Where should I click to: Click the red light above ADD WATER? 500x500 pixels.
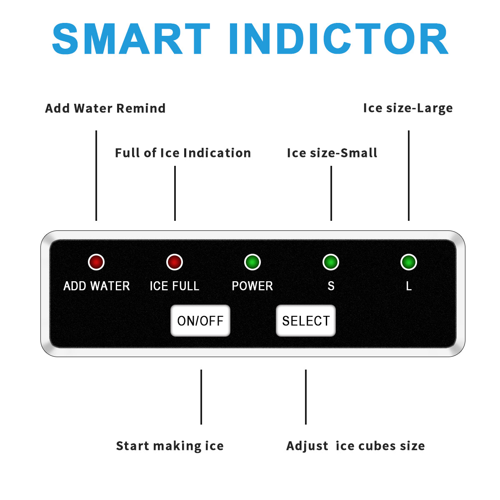point(96,262)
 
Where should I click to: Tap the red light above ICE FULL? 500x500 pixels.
point(175,262)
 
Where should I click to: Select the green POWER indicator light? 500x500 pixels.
point(252,262)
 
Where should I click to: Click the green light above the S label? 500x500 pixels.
point(331,262)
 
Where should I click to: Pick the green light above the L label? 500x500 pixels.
point(409,262)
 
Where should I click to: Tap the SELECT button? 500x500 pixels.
point(306,320)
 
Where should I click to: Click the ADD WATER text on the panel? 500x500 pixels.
point(97,286)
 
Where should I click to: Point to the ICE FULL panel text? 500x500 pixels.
point(175,286)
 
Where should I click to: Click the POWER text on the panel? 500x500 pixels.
point(252,286)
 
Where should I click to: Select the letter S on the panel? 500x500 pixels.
point(331,286)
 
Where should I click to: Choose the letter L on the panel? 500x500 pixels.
point(409,286)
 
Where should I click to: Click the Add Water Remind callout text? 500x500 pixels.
point(105,108)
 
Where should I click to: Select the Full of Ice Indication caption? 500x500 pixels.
point(183,153)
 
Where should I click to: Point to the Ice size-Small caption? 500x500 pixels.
point(332,153)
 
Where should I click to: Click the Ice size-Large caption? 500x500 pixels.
point(408,108)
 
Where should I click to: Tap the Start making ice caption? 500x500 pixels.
point(170,446)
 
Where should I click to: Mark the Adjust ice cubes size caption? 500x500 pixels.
point(355,446)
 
